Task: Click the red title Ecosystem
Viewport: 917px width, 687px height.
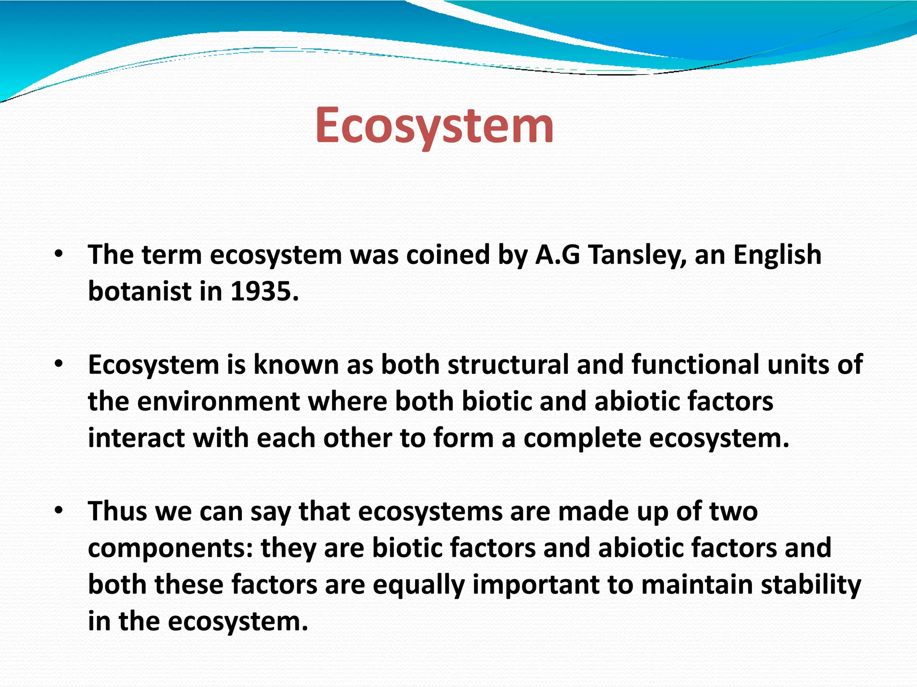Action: tap(434, 126)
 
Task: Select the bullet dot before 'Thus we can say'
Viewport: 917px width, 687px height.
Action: tap(59, 511)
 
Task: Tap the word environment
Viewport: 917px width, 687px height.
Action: tap(218, 401)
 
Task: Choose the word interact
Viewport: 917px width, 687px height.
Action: tap(136, 438)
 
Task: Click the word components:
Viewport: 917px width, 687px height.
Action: tap(171, 548)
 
